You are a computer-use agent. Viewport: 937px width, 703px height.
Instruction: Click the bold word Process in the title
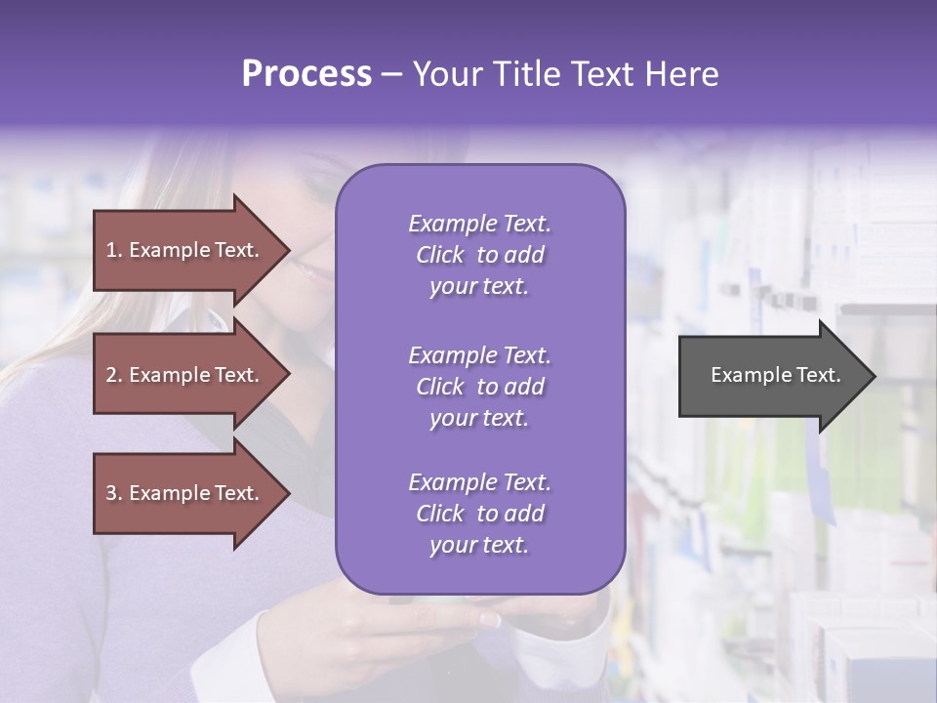point(306,74)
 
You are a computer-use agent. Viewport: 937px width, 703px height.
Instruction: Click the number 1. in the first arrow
point(114,250)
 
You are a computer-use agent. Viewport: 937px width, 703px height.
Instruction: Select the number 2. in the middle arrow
point(114,375)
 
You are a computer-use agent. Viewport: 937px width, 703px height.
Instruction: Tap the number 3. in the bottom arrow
point(114,493)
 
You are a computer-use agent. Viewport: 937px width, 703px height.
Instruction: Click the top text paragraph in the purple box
point(479,255)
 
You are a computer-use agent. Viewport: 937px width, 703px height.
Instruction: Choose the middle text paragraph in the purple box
point(479,387)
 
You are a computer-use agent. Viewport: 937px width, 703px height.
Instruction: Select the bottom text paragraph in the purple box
point(479,514)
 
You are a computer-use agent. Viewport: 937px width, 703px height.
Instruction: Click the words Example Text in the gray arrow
point(776,375)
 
